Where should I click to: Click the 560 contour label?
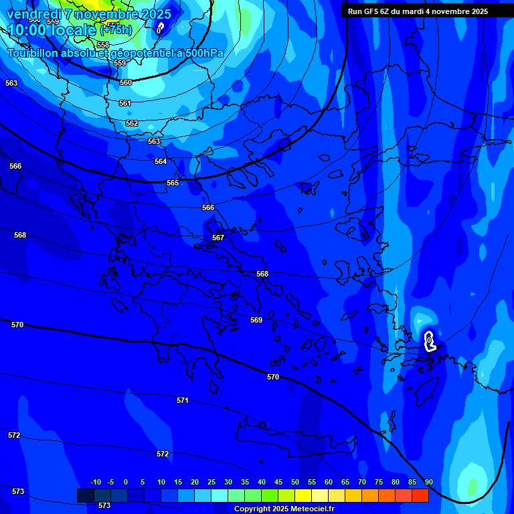[x=126, y=82]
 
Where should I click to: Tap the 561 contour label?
[x=125, y=103]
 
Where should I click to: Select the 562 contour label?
[x=132, y=123]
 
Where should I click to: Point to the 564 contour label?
[x=161, y=161]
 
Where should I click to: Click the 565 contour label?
[x=173, y=183]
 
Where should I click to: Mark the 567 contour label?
[x=218, y=238]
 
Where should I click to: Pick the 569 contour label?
[x=256, y=320]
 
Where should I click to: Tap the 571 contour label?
[x=183, y=400]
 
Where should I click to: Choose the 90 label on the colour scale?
[x=429, y=482]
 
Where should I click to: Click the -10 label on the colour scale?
[x=95, y=482]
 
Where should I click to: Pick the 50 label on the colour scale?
[x=295, y=482]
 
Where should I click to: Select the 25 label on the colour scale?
[x=211, y=482]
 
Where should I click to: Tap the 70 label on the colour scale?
[x=362, y=482]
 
